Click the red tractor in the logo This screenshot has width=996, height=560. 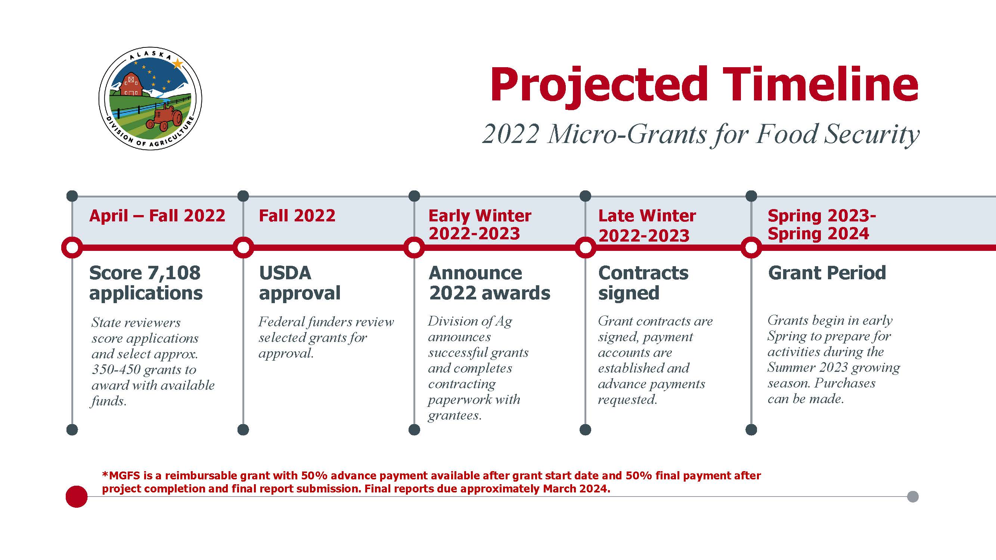click(164, 118)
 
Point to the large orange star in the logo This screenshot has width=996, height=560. click(177, 63)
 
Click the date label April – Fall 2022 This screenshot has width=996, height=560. click(157, 216)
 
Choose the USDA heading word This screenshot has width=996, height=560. click(285, 273)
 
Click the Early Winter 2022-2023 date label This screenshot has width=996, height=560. click(480, 224)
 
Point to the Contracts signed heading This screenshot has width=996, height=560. click(643, 283)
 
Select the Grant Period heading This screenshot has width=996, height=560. click(827, 273)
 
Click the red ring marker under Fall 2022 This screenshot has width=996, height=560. click(243, 248)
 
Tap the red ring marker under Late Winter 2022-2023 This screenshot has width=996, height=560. click(585, 248)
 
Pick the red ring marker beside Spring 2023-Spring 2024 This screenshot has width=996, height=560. click(751, 248)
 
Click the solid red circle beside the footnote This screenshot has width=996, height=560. click(77, 497)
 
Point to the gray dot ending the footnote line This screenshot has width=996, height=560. click(913, 497)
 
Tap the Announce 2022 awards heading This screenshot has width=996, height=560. click(490, 283)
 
